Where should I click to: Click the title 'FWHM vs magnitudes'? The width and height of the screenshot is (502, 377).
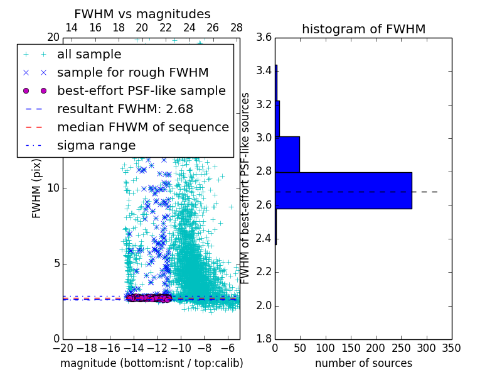tap(142, 14)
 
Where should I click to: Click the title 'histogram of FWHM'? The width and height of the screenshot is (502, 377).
tap(363, 29)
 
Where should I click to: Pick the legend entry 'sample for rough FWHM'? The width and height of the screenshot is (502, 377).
tap(132, 73)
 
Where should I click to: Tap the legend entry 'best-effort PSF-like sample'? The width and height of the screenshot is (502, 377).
tap(141, 91)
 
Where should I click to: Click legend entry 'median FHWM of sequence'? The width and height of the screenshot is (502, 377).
tap(142, 128)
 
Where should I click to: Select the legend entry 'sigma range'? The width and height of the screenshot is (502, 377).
tap(96, 146)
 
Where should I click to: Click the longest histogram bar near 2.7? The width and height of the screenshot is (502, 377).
tap(343, 190)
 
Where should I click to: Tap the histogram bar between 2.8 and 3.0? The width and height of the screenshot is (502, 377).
tap(287, 154)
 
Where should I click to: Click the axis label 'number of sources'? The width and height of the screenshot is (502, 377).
tap(363, 363)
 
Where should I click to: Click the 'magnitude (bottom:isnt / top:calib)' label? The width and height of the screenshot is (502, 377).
tap(151, 363)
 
